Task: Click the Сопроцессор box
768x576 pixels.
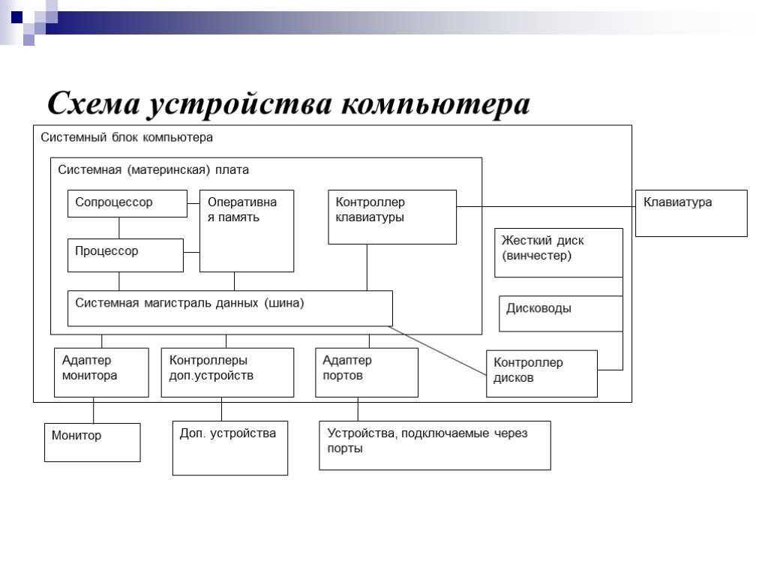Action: click(127, 203)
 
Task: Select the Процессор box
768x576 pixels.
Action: click(125, 255)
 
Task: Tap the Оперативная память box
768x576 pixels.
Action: click(246, 231)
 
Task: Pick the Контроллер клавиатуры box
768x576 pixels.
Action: click(392, 217)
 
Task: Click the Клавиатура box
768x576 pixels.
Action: click(691, 213)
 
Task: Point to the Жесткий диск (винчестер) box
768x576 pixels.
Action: click(559, 253)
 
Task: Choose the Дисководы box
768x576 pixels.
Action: click(561, 313)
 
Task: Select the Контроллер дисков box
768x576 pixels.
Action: click(541, 373)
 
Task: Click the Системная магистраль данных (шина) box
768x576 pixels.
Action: click(229, 308)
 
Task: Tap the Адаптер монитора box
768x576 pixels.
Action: click(102, 372)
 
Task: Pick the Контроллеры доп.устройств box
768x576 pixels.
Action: click(227, 372)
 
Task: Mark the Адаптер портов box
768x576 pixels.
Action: click(367, 372)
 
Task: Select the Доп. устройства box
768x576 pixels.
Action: click(229, 448)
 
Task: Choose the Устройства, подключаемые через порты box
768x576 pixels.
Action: click(434, 445)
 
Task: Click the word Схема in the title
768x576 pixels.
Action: click(93, 104)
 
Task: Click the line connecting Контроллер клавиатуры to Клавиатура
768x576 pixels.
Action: click(546, 205)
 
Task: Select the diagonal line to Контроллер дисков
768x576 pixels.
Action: click(439, 348)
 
